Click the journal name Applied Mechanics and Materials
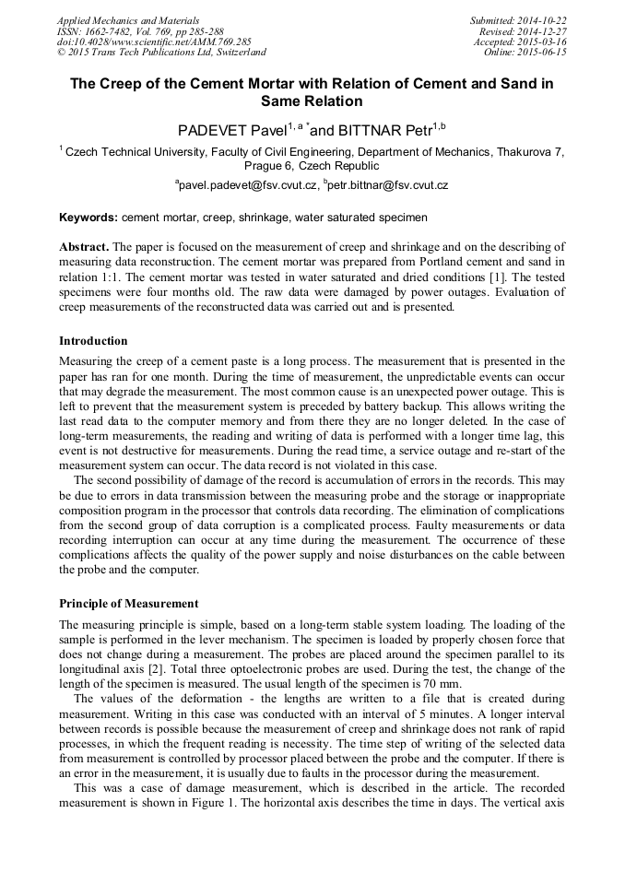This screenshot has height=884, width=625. coord(128,20)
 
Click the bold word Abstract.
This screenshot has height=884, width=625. coord(84,247)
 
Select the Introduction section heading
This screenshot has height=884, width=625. coord(93,341)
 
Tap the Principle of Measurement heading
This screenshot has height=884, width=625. coord(128,604)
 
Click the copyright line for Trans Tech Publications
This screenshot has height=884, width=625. coord(161,53)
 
